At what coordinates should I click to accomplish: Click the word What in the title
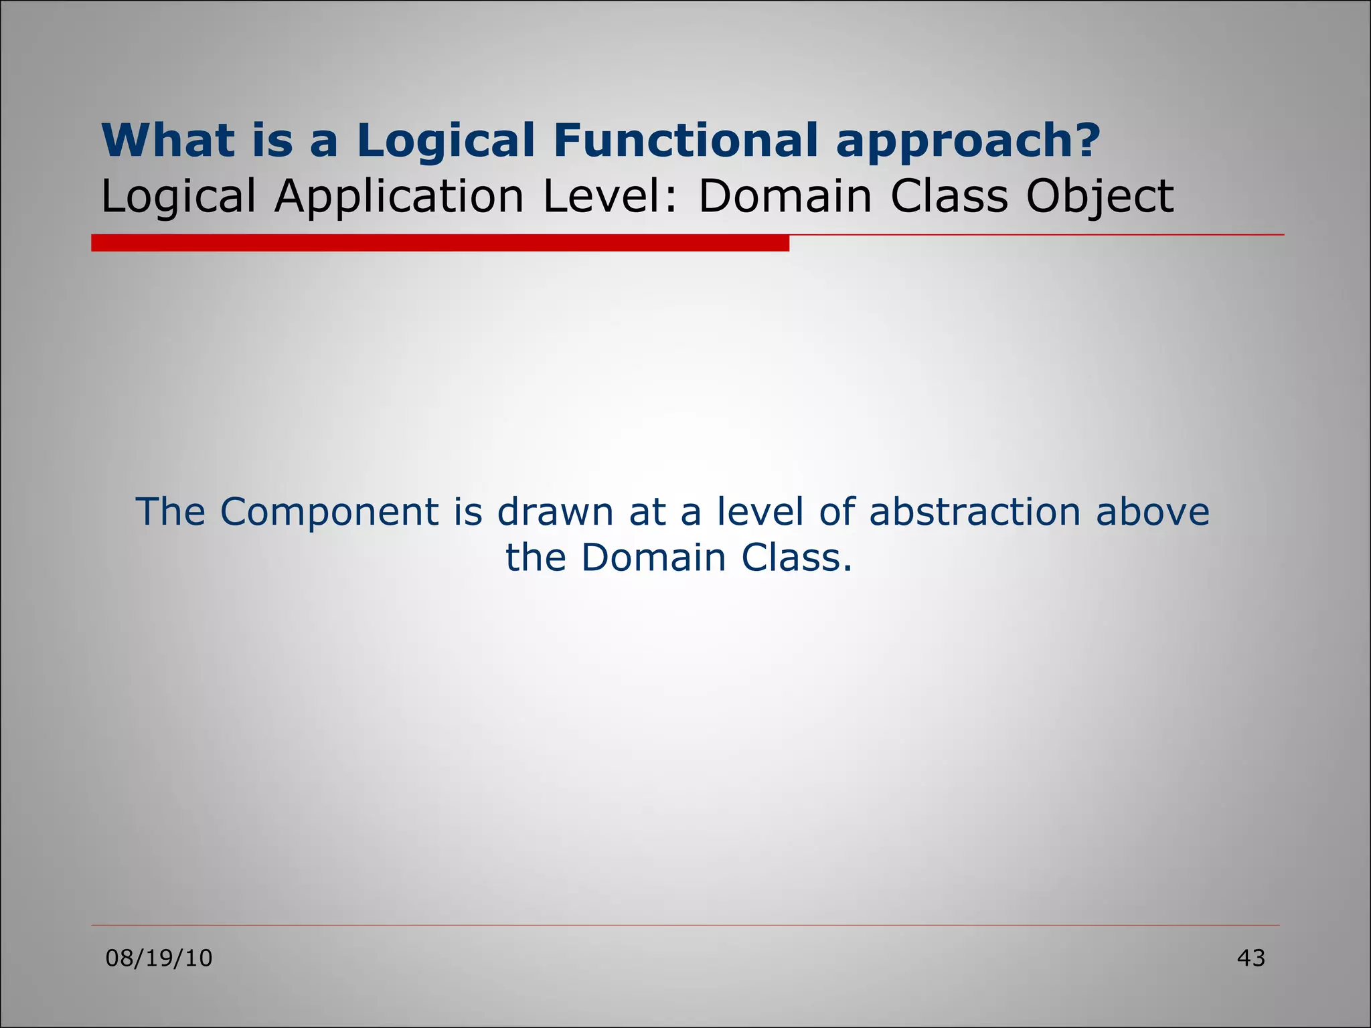[x=168, y=140]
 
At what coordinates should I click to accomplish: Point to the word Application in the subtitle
[x=399, y=197]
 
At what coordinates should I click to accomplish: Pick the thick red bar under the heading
[x=440, y=243]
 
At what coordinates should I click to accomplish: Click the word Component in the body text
[x=329, y=513]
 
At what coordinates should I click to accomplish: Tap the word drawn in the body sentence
[x=555, y=512]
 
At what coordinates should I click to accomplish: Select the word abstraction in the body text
[x=975, y=512]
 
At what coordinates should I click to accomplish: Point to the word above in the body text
[x=1152, y=512]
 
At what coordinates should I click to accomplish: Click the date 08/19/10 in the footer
[x=159, y=958]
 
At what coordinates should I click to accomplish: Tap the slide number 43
[x=1251, y=958]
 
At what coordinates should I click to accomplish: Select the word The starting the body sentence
[x=170, y=512]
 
